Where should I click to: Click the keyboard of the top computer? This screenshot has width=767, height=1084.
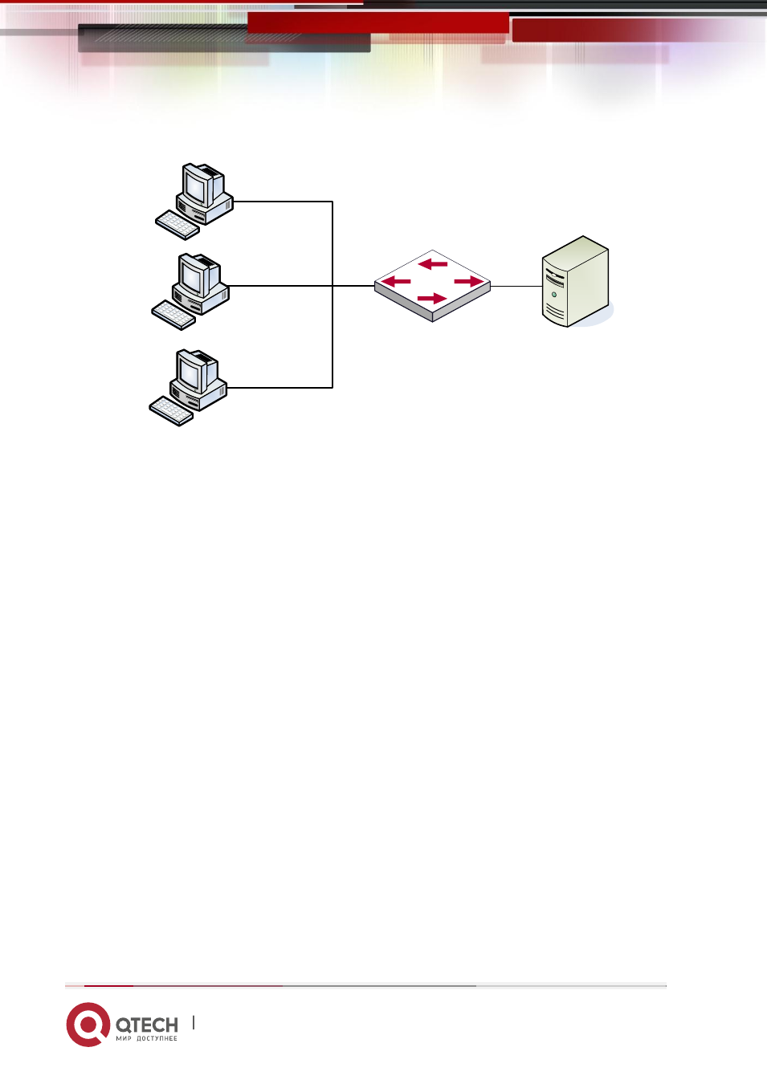coord(177,225)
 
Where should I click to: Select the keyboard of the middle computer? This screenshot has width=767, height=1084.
coord(173,316)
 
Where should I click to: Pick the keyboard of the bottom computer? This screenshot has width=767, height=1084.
coord(171,411)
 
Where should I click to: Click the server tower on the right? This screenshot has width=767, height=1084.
coord(575,281)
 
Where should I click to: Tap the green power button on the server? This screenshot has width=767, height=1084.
coord(554,294)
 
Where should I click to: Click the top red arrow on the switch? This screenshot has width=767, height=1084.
coord(433,264)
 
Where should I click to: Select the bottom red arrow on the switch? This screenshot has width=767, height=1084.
coord(431,299)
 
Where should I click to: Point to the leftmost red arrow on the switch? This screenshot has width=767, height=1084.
coord(396,282)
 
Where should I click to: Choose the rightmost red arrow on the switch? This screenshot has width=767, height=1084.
coord(468,281)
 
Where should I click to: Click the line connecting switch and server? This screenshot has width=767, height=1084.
coord(516,286)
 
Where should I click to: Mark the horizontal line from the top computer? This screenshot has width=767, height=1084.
coord(283,202)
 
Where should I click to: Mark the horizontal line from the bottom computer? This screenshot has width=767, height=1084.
coord(279,388)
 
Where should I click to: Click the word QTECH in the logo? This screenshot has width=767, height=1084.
coord(147,1025)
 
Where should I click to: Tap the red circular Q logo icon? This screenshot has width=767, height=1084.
coord(88,1025)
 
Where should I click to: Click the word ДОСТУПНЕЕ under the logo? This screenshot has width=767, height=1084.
coord(157,1038)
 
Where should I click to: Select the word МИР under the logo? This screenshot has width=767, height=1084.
coord(124,1038)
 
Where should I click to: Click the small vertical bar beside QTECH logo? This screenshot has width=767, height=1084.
coord(194,1022)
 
